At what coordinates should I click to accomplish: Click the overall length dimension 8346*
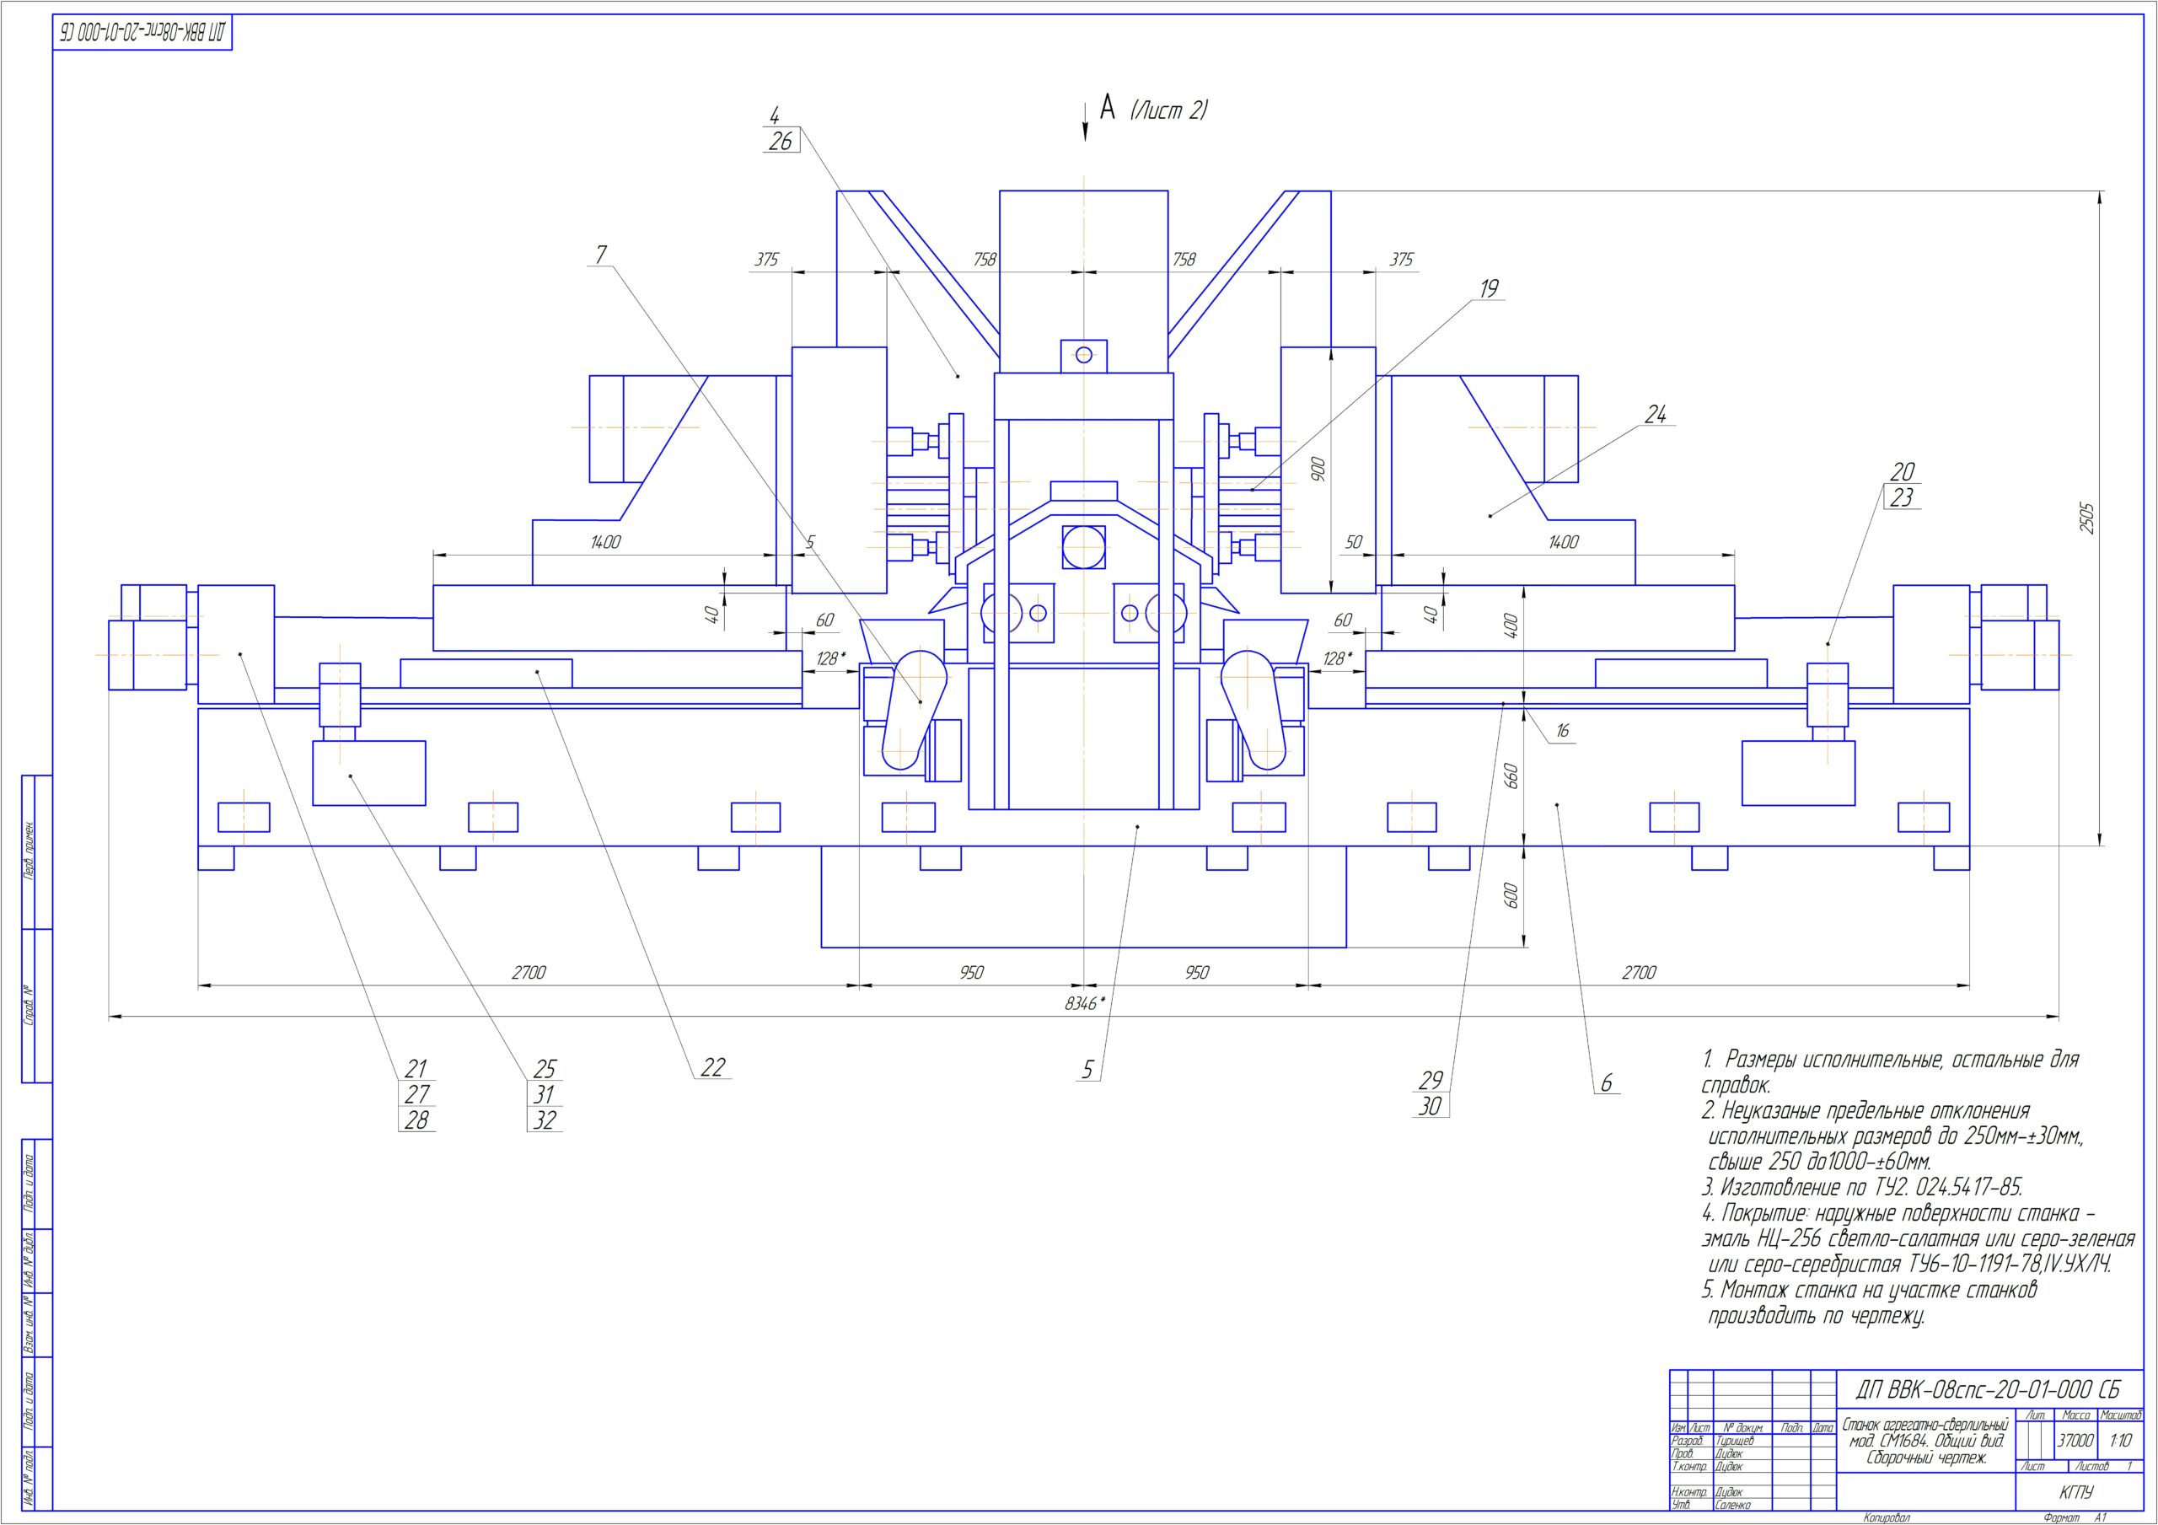1082,1004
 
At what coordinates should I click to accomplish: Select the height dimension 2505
2086,519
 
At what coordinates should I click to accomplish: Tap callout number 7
600,255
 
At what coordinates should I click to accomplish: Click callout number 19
1489,288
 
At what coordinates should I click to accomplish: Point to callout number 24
1655,415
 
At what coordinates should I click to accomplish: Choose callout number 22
713,1068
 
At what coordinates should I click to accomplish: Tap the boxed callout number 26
780,142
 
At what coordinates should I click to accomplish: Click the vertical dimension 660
1512,776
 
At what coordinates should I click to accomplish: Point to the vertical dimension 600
1512,896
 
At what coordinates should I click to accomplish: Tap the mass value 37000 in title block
2075,1441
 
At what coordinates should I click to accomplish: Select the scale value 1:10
2120,1441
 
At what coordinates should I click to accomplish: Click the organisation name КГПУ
2077,1492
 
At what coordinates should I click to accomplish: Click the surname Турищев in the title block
1735,1441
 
